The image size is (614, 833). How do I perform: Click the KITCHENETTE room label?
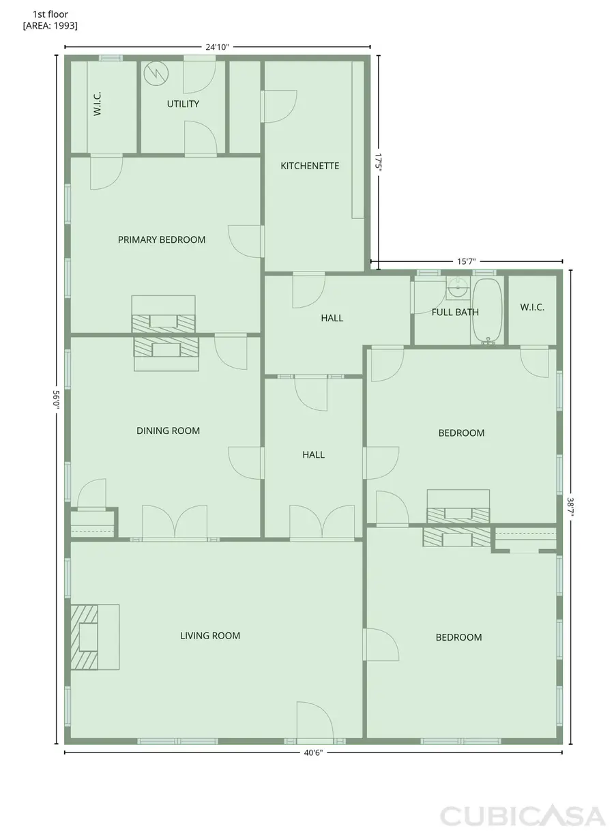pos(310,166)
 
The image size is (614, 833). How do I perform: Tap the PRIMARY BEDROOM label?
pos(162,239)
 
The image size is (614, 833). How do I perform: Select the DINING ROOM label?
pos(168,430)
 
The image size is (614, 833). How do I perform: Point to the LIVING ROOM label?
pos(210,636)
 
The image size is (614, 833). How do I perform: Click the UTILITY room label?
pos(183,104)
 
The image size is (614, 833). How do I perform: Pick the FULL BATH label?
pos(455,312)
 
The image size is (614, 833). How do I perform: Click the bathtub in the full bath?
pos(488,311)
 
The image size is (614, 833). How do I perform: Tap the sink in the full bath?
pos(456,289)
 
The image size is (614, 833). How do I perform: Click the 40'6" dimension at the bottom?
pos(313,753)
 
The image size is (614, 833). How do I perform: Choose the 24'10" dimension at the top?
pos(217,47)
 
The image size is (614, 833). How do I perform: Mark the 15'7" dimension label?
pos(466,261)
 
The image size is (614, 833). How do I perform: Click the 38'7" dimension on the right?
pos(570,506)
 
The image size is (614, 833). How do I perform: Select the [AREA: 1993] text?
pos(50,25)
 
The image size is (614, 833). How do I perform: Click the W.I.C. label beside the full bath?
pos(532,308)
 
